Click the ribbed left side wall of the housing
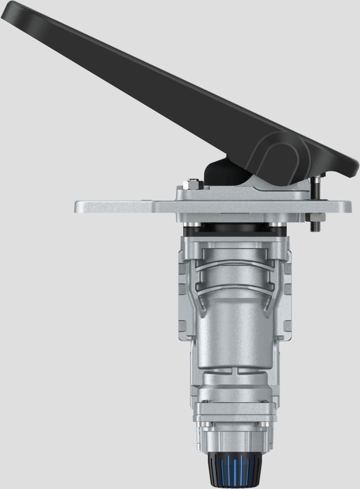[x=183, y=299]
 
